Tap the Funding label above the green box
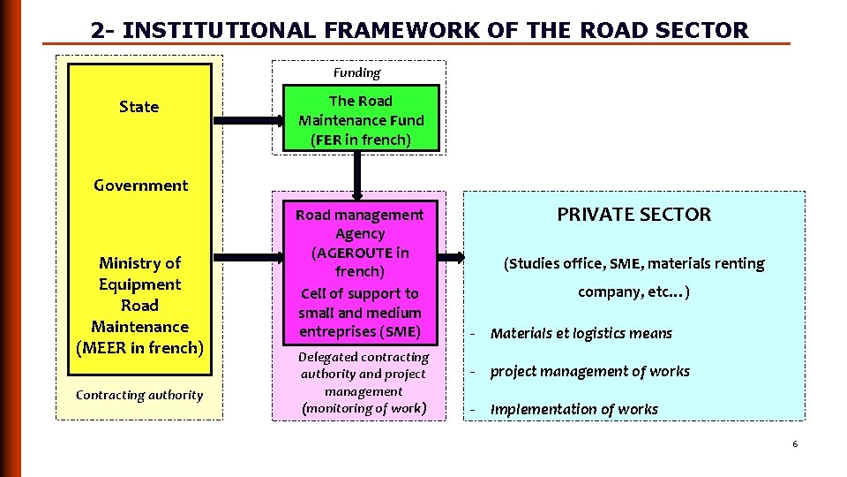point(356,72)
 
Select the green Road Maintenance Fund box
point(361,119)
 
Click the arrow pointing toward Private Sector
point(451,258)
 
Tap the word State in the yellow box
point(139,107)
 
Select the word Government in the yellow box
point(140,185)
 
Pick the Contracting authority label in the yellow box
point(139,395)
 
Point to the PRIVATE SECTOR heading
point(633,214)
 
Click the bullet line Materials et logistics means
point(581,333)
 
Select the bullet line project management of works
point(589,371)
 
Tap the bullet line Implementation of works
point(573,409)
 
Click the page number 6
point(794,443)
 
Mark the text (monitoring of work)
point(363,407)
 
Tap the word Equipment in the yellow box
point(139,284)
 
